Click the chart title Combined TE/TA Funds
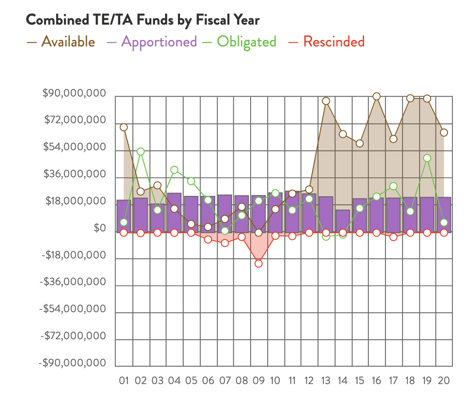pos(142,20)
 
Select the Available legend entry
pos(61,42)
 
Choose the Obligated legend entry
pos(241,42)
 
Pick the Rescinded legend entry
pos(327,42)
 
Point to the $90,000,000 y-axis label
pos(74,94)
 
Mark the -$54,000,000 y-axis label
pos(73,309)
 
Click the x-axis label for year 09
pos(258,380)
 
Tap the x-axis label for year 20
pos(444,380)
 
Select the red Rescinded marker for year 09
pos(258,264)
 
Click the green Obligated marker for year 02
pos(140,151)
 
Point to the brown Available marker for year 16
pos(376,96)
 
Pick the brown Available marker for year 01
pos(124,127)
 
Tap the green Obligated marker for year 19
pos(427,158)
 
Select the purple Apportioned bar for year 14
pos(343,221)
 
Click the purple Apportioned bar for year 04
pos(174,213)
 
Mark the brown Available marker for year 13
pos(326,101)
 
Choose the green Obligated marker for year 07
pos(225,231)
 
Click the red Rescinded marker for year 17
pos(393,237)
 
